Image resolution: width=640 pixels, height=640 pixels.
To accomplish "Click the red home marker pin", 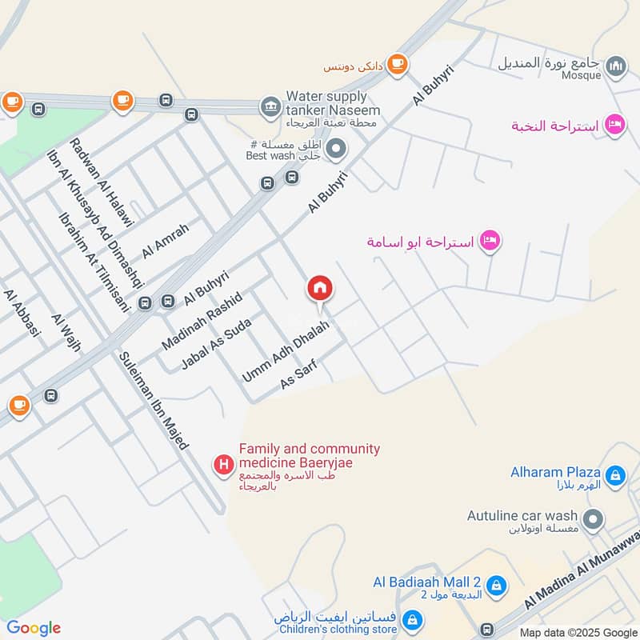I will tap(320, 289).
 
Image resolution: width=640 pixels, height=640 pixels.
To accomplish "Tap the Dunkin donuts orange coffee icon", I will tap(397, 63).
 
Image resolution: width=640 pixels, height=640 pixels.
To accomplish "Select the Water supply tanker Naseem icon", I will tap(270, 106).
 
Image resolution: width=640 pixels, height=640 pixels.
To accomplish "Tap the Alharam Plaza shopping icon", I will tap(614, 477).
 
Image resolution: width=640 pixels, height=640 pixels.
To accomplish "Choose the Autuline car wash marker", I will tap(593, 521).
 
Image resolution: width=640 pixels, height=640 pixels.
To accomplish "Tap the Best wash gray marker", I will tap(337, 149).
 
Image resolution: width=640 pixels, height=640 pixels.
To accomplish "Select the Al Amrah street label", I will tap(166, 240).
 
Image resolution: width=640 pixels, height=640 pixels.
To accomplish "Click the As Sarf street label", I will tap(298, 375).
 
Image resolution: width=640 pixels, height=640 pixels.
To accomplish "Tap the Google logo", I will tap(34, 628).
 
